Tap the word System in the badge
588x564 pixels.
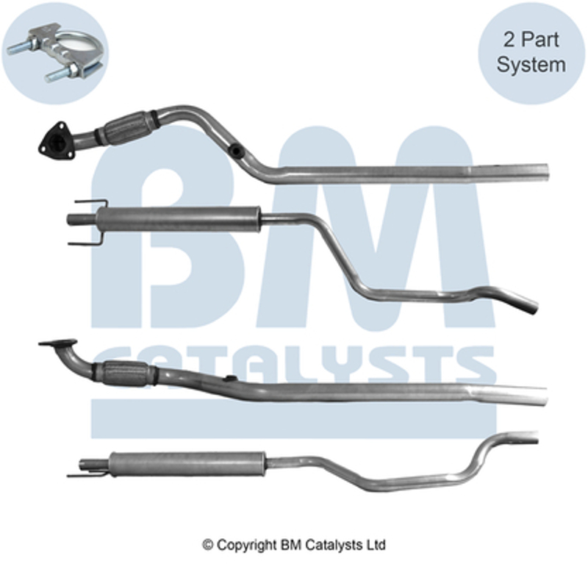pyautogui.click(x=531, y=64)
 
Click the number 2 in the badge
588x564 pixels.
pyautogui.click(x=509, y=40)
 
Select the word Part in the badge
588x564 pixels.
pyautogui.click(x=540, y=40)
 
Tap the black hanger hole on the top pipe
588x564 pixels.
pyautogui.click(x=236, y=150)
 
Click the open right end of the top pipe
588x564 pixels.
pyautogui.click(x=546, y=171)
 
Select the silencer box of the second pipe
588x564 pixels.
pyautogui.click(x=178, y=219)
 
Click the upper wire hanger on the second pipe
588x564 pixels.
pyautogui.click(x=91, y=204)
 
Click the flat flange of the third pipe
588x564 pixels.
pyautogui.click(x=58, y=343)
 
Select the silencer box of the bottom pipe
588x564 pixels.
pyautogui.click(x=188, y=464)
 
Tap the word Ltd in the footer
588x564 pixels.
pyautogui.click(x=378, y=544)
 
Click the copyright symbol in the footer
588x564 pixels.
pyautogui.click(x=208, y=544)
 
